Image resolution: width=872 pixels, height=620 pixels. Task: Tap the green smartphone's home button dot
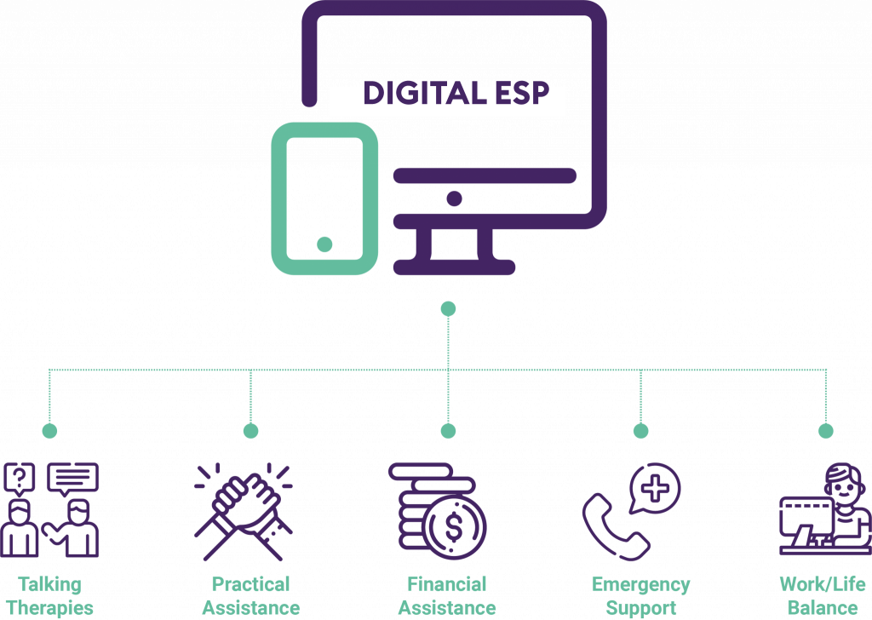click(x=324, y=244)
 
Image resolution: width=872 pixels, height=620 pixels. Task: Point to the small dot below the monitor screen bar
click(x=455, y=198)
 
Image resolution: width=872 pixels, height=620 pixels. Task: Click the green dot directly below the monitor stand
click(x=448, y=308)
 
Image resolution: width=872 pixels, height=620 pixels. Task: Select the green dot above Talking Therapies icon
click(x=49, y=430)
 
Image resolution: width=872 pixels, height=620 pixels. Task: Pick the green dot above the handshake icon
click(x=251, y=430)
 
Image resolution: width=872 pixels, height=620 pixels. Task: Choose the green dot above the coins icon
click(x=448, y=430)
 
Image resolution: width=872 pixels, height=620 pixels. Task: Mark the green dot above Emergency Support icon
click(x=641, y=430)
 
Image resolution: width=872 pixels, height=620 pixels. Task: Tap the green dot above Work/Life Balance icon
click(x=826, y=430)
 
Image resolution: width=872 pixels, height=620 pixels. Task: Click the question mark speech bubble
click(x=20, y=479)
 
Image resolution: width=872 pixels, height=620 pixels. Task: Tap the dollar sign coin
click(x=455, y=526)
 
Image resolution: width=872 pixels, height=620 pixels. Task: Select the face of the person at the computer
click(x=845, y=490)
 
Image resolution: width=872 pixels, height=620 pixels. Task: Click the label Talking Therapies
click(x=49, y=596)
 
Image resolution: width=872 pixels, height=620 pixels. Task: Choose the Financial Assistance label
click(x=447, y=596)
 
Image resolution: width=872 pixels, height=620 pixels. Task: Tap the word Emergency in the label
click(x=640, y=585)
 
